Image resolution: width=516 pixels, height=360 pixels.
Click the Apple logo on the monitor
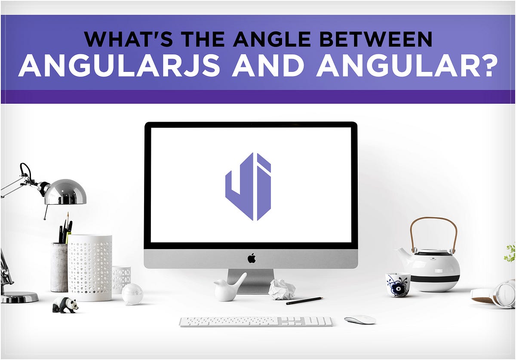coord(252,258)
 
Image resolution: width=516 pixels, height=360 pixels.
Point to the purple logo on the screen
coord(248,187)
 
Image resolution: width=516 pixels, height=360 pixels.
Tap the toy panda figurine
coord(65,305)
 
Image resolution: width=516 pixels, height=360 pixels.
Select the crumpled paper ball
coord(282,289)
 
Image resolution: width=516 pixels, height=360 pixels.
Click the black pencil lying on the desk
coord(304,300)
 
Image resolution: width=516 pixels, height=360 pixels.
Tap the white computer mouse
coord(360,320)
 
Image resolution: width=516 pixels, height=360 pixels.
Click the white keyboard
coord(255,322)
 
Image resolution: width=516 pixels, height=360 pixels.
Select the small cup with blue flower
coord(397,284)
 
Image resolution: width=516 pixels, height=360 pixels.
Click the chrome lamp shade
coord(65,192)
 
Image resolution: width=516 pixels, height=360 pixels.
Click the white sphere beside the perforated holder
coord(132,294)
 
